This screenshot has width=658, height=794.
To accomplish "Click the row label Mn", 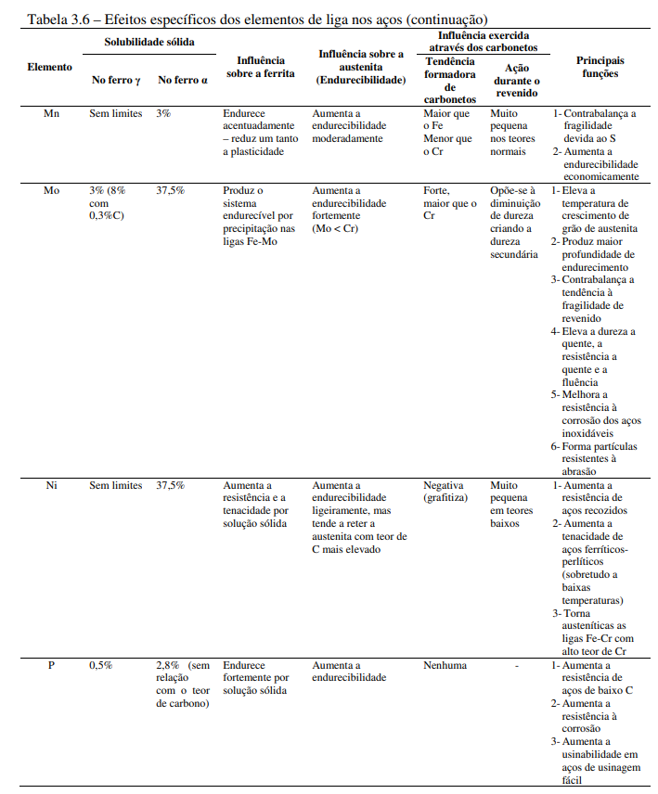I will (51, 113).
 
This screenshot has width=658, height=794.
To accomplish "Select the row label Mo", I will (51, 190).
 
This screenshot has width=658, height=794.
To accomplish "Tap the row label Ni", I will (51, 485).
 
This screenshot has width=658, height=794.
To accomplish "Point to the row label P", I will (51, 665).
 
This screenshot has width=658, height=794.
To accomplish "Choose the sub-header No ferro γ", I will (116, 80).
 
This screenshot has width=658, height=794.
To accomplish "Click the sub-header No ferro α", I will (182, 80).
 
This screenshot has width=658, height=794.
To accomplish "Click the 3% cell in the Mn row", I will (163, 113).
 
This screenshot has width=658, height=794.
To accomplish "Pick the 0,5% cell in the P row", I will (100, 665).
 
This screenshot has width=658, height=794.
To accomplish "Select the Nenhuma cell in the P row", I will (445, 665).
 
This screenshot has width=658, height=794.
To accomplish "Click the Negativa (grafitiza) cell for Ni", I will (445, 492).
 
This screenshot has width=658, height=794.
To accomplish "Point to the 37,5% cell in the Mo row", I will (170, 190).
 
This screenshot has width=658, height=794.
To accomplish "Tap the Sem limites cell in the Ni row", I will (116, 485).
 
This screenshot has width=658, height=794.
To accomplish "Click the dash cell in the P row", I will (517, 665).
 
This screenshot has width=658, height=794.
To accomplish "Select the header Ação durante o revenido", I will (517, 81).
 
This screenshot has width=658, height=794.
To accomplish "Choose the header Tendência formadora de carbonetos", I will (449, 80).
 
